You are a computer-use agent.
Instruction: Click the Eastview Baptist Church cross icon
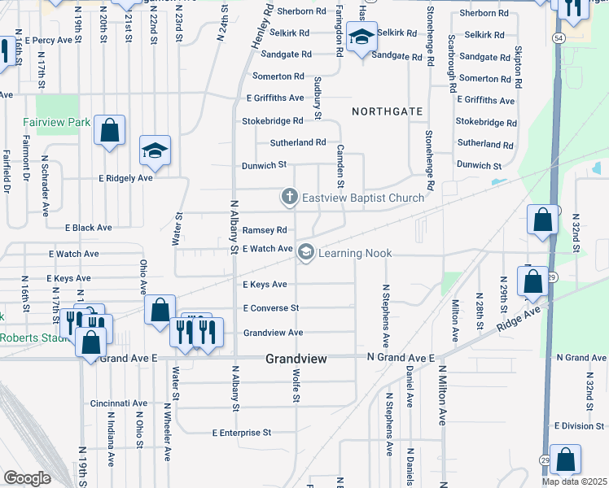[288, 197]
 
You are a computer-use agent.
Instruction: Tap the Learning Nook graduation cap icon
[305, 253]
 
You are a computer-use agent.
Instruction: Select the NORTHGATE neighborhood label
[387, 111]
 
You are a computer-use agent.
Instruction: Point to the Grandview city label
[296, 359]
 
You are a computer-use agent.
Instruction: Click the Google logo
[27, 478]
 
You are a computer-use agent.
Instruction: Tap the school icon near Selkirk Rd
[361, 37]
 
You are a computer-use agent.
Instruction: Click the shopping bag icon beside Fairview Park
[108, 130]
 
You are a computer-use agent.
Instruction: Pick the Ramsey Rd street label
[265, 230]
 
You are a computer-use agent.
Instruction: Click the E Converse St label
[272, 308]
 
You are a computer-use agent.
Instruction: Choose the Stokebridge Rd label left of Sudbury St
[272, 120]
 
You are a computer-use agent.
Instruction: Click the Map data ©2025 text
[575, 481]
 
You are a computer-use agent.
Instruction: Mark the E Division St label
[579, 425]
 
